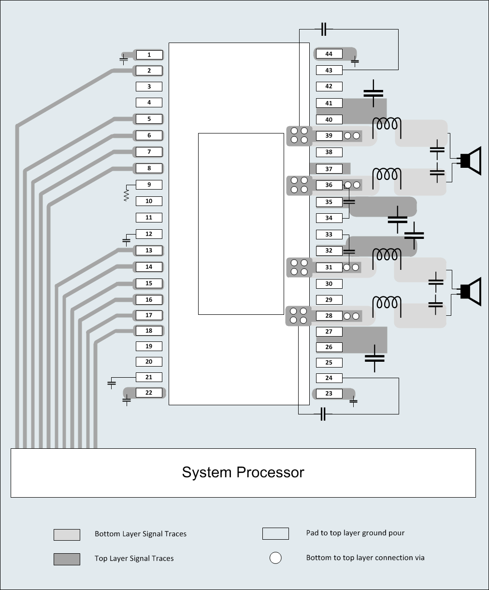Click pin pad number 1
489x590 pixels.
(149, 55)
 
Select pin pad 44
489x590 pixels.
(329, 54)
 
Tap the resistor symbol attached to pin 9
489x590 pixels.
(127, 194)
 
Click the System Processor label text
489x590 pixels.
(243, 472)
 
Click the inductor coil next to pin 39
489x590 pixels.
(387, 124)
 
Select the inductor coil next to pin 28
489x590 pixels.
(387, 303)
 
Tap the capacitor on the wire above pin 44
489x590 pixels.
(324, 29)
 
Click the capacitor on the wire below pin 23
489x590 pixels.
(323, 414)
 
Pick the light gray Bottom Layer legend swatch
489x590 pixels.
(67, 534)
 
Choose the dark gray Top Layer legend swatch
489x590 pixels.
(67, 559)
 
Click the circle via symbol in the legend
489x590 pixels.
(275, 558)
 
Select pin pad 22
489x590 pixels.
(149, 393)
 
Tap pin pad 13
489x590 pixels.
(149, 250)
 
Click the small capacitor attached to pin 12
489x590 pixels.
(126, 240)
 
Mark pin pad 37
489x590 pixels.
(329, 169)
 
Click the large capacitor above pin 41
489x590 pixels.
(373, 92)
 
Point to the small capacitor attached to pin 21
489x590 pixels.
(112, 383)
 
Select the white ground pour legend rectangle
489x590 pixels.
(275, 533)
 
